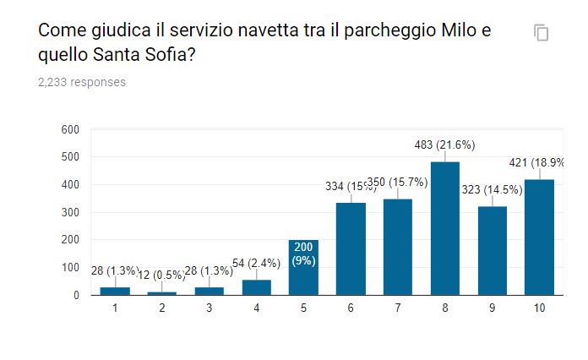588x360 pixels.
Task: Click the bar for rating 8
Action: pyautogui.click(x=445, y=227)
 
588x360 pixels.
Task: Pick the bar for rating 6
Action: pyautogui.click(x=351, y=248)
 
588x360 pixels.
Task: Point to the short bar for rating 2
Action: pyautogui.click(x=161, y=292)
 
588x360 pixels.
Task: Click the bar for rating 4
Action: pyautogui.click(x=256, y=287)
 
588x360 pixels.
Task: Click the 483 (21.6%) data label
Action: pyautogui.click(x=444, y=145)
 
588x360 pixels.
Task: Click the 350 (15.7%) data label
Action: pyautogui.click(x=399, y=183)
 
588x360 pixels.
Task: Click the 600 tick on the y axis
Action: pyautogui.click(x=70, y=129)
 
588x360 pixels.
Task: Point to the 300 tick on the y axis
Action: pyautogui.click(x=70, y=212)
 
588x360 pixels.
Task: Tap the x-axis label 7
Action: pyautogui.click(x=398, y=308)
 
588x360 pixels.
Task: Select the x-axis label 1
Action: pyautogui.click(x=114, y=308)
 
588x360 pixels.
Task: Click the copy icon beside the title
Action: pyautogui.click(x=542, y=33)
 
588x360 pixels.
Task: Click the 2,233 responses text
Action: pyautogui.click(x=82, y=82)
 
